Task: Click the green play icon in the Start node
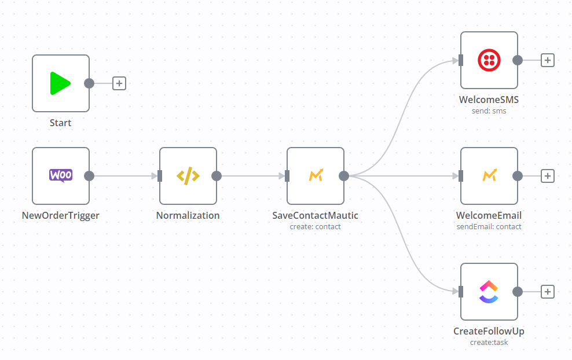click(60, 83)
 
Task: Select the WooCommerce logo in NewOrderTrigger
click(60, 175)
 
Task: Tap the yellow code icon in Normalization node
click(188, 176)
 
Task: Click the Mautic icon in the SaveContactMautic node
click(315, 176)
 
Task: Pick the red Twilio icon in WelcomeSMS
click(489, 60)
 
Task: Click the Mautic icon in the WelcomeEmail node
click(489, 176)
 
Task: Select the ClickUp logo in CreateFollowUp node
click(489, 292)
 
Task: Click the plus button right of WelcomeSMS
click(548, 60)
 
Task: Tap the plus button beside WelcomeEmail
click(548, 176)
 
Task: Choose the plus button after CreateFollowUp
click(548, 292)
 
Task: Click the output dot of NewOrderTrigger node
click(89, 176)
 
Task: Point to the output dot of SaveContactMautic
click(344, 176)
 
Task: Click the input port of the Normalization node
click(160, 176)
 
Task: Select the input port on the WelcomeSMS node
click(461, 60)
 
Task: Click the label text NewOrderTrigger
click(60, 215)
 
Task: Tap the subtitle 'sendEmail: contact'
click(489, 227)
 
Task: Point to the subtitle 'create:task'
click(489, 343)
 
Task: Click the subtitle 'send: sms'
click(489, 111)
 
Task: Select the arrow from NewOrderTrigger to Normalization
click(124, 176)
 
